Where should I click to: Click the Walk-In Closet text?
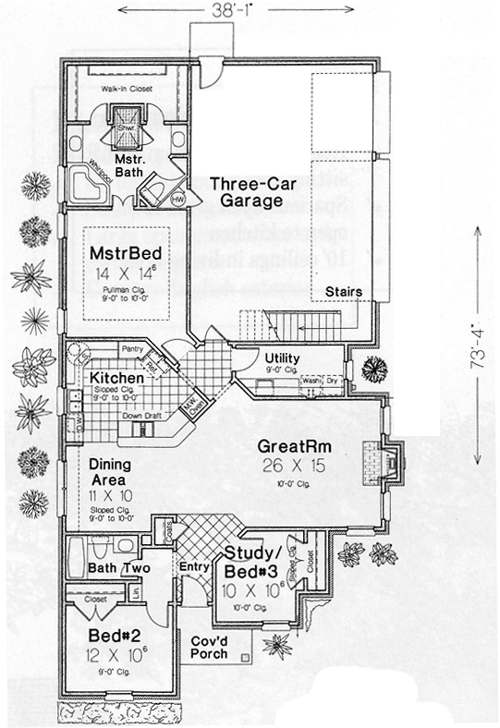pyautogui.click(x=126, y=89)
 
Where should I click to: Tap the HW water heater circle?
pyautogui.click(x=177, y=197)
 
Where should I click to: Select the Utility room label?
pyautogui.click(x=282, y=358)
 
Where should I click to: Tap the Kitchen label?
pyautogui.click(x=116, y=379)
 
